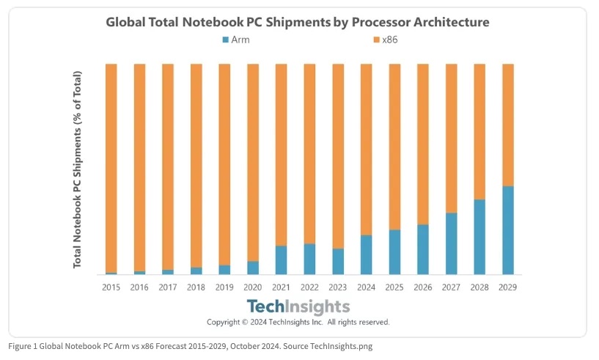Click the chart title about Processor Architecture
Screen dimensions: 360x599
(297, 22)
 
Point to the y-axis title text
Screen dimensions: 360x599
(77, 169)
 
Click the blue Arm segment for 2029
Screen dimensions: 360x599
(507, 230)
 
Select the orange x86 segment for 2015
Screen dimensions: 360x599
(111, 168)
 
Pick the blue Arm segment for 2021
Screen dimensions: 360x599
(281, 260)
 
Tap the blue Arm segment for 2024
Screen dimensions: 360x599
(366, 254)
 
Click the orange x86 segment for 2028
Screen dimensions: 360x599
(479, 131)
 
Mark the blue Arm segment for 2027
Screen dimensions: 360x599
(451, 243)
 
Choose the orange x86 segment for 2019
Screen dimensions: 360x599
(224, 164)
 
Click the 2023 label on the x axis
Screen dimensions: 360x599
(337, 287)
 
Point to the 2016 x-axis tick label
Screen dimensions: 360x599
(139, 287)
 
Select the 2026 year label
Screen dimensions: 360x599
(422, 287)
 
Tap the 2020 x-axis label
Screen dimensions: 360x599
(252, 287)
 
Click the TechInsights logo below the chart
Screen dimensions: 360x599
(298, 306)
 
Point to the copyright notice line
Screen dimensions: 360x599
(298, 322)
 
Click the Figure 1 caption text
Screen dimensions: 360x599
(191, 346)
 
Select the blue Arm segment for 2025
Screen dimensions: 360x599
(394, 251)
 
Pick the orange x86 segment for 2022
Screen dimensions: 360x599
(309, 154)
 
